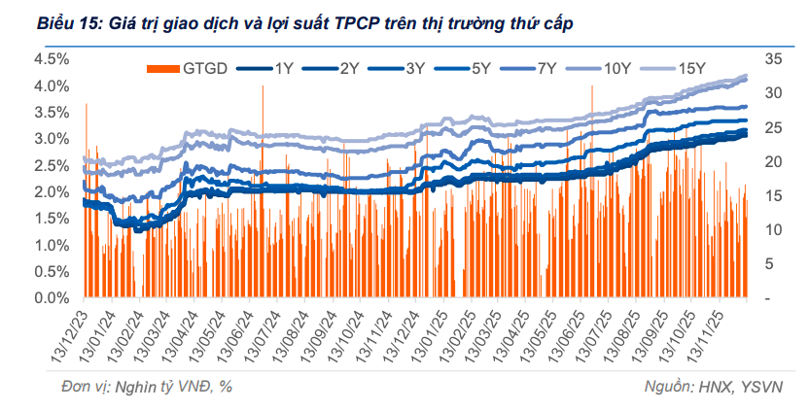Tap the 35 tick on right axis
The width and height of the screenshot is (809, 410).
click(774, 58)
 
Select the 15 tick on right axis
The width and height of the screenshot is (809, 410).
click(774, 195)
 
